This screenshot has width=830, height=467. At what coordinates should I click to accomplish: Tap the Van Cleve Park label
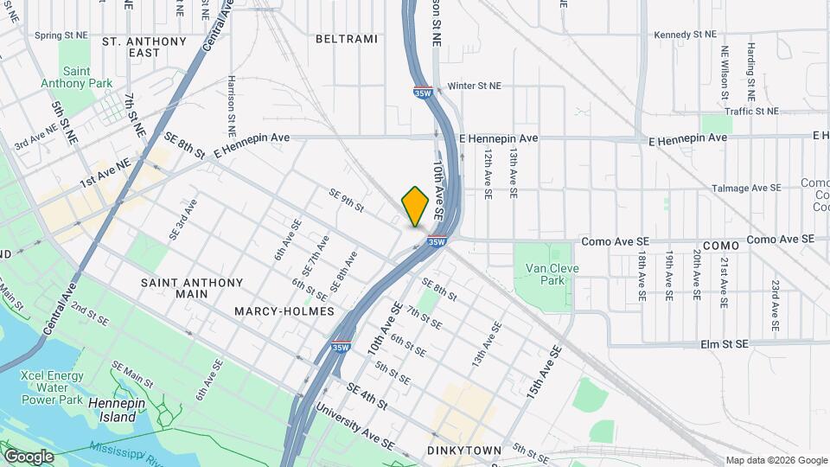click(552, 274)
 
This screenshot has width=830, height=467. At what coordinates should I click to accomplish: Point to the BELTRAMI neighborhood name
click(347, 39)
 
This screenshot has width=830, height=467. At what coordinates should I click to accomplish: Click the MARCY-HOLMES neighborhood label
click(284, 310)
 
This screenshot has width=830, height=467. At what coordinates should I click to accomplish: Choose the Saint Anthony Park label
click(87, 77)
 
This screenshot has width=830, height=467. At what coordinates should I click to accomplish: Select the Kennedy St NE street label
click(686, 35)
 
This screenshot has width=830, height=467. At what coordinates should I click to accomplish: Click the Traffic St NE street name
click(751, 112)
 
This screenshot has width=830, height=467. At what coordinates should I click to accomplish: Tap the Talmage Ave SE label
click(745, 188)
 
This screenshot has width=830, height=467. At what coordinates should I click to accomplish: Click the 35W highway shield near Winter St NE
click(422, 92)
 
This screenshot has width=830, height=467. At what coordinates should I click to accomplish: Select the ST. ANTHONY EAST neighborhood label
click(144, 47)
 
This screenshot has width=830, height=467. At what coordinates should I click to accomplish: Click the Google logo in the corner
click(28, 457)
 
